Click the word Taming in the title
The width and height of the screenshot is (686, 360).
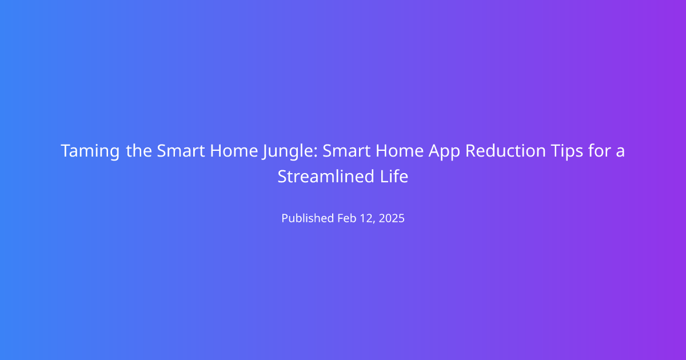[x=90, y=151]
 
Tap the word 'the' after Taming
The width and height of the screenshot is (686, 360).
[x=139, y=151]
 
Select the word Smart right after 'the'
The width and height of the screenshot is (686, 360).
[x=181, y=151]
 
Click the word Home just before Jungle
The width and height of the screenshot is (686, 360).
[x=234, y=151]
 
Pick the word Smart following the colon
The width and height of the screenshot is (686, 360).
[x=346, y=151]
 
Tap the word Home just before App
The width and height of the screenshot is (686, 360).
[x=400, y=151]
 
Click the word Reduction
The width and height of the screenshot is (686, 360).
[x=505, y=151]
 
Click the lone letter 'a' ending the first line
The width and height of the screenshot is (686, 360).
[x=620, y=152]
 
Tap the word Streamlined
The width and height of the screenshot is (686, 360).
[x=326, y=177]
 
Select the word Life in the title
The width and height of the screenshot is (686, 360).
[x=394, y=177]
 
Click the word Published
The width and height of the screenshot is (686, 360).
[x=308, y=218]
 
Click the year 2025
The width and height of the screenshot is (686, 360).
[x=392, y=218]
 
